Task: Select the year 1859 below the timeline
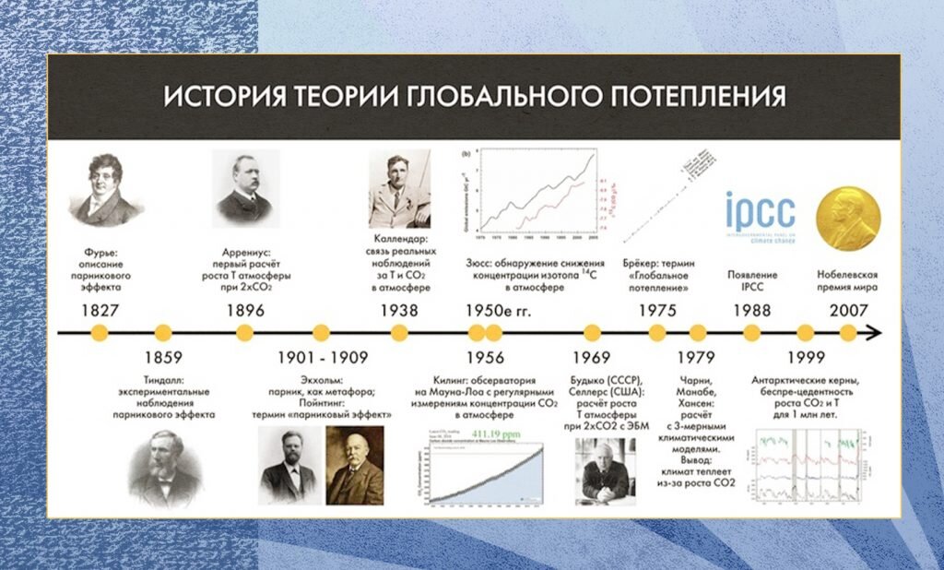click(163, 357)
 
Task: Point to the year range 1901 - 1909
click(322, 357)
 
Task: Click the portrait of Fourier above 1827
click(105, 190)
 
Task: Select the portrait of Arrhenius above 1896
click(245, 185)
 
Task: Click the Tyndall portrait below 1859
click(163, 469)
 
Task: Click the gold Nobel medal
click(849, 217)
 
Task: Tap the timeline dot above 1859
click(163, 332)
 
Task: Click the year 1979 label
click(697, 357)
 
